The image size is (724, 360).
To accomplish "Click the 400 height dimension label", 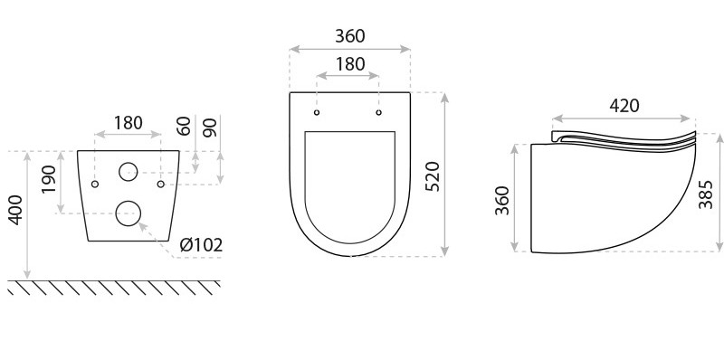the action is (x=15, y=210).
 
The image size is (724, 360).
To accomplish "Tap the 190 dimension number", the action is (x=49, y=179).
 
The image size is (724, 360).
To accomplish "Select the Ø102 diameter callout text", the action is (x=201, y=245).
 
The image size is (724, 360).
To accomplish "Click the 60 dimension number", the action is (x=184, y=126).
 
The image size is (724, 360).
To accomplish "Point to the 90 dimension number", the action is (x=210, y=128).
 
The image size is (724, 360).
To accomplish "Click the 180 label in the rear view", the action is (x=128, y=123).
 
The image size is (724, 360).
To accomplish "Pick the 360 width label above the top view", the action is (x=350, y=36).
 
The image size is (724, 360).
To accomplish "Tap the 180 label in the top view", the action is (x=350, y=64).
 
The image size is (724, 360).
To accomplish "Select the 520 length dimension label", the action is (x=433, y=176).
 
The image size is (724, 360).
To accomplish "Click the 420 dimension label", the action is (x=624, y=106).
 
